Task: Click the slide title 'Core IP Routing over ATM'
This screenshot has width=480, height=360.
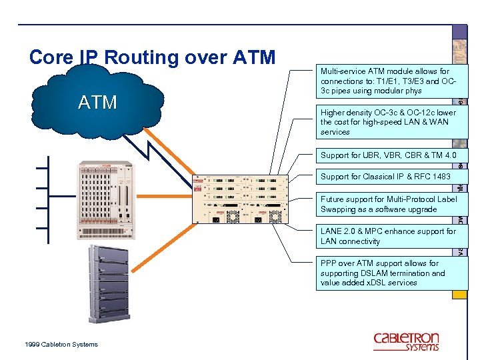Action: click(152, 57)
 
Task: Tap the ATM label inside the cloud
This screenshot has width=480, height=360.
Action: click(97, 102)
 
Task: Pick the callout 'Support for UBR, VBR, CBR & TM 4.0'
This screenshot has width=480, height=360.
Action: click(388, 155)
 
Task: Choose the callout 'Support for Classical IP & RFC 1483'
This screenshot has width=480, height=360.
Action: click(385, 177)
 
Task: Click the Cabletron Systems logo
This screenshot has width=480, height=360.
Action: click(406, 341)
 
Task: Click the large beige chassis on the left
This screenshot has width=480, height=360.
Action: click(106, 199)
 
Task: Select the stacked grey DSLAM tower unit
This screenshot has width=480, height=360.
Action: click(108, 283)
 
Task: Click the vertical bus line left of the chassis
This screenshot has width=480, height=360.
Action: click(49, 197)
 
